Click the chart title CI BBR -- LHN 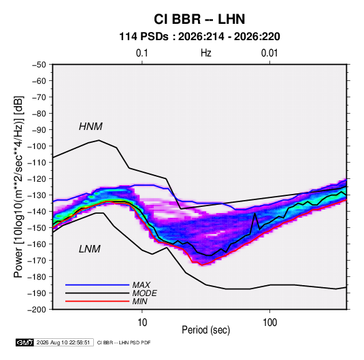(x=199, y=19)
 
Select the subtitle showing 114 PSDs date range (x=199, y=37)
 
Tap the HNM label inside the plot (x=90, y=127)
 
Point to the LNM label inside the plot (x=90, y=249)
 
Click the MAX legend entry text (x=141, y=285)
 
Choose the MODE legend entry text (x=145, y=293)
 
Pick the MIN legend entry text (x=139, y=301)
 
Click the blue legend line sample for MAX (x=97, y=285)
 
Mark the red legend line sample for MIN (x=97, y=301)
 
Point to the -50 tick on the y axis (x=39, y=65)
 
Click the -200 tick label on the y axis (x=37, y=310)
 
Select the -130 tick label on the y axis (x=37, y=195)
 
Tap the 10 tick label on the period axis (x=142, y=323)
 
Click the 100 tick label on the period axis (x=269, y=323)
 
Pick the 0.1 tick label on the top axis (x=142, y=53)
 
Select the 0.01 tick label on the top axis (x=269, y=53)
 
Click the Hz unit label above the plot (x=206, y=53)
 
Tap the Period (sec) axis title (x=206, y=330)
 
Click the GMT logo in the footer (x=25, y=342)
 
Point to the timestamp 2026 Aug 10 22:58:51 (x=63, y=342)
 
